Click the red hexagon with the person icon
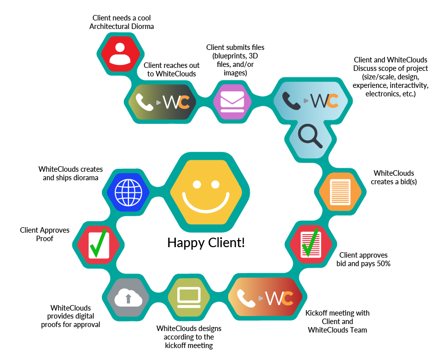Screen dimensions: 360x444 [x=119, y=53]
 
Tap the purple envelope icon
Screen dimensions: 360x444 [x=232, y=101]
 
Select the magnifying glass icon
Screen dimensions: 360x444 [x=309, y=135]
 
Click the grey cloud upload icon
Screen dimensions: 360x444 [x=128, y=298]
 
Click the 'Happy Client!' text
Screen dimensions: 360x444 [x=206, y=243]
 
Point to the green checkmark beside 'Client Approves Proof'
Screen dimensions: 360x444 [x=98, y=243]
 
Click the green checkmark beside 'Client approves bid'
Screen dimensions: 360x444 [x=312, y=243]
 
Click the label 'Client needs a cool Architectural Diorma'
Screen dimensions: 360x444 [x=122, y=22]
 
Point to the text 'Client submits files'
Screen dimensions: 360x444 [x=230, y=47]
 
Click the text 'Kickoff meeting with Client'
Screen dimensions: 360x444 [x=337, y=318]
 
